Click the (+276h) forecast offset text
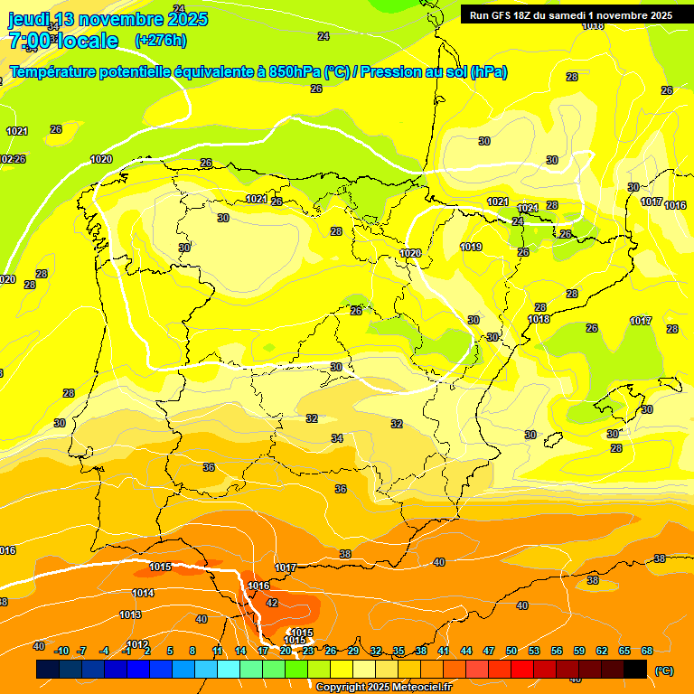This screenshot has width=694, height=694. (x=161, y=40)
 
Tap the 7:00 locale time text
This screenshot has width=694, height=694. (x=63, y=40)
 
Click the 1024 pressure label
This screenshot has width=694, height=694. (x=528, y=208)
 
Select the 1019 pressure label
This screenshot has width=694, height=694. (x=471, y=247)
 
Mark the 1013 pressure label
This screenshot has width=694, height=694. (x=130, y=614)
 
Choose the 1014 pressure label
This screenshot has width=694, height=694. (x=143, y=593)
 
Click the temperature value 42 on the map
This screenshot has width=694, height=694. (x=272, y=603)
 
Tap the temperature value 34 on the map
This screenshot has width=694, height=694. (x=337, y=438)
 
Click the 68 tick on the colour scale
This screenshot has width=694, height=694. (x=647, y=651)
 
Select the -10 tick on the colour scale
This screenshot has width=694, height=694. (x=61, y=651)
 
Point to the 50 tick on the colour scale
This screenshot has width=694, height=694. (x=511, y=651)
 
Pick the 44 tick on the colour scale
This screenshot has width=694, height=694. (x=466, y=651)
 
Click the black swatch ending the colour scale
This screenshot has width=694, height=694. (x=635, y=669)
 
